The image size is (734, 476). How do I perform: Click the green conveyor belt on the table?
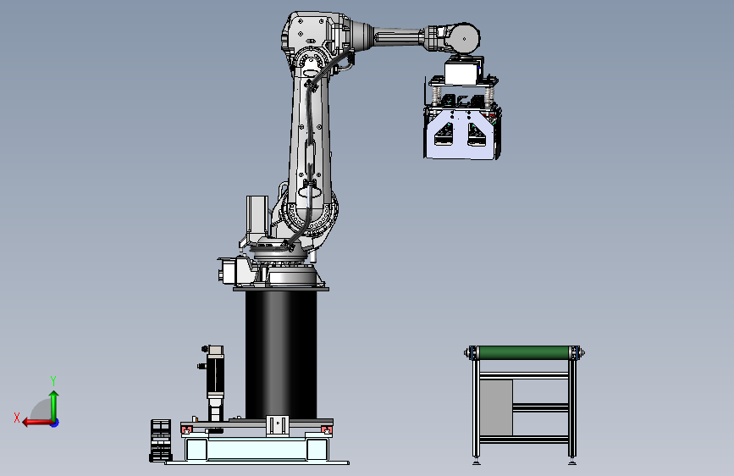[x=523, y=352]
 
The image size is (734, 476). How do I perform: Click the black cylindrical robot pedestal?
[x=281, y=354]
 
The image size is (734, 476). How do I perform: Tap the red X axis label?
[x=17, y=418]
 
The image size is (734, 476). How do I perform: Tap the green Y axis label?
[x=53, y=380]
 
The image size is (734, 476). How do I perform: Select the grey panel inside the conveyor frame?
[x=496, y=407]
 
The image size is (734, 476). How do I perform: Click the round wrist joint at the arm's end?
[x=464, y=38]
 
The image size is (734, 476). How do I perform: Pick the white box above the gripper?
[x=461, y=73]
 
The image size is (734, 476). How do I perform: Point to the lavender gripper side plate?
[x=461, y=135]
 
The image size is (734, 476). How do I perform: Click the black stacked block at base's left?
[x=161, y=440]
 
